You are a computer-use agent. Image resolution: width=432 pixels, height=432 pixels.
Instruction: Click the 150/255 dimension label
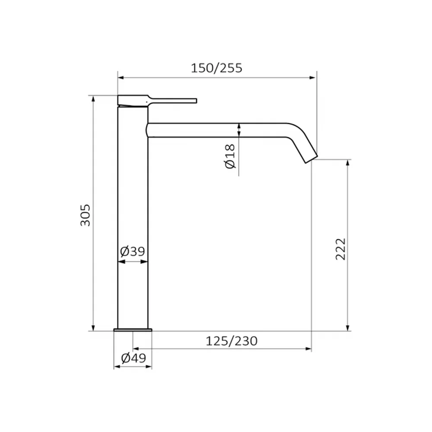216,68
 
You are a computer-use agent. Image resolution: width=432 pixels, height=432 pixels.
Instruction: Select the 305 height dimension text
86,215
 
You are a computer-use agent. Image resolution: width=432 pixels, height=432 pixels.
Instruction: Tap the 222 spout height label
341,249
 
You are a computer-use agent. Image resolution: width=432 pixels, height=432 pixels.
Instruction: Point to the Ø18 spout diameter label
230,156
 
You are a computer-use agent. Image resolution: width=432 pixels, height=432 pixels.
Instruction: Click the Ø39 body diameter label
133,251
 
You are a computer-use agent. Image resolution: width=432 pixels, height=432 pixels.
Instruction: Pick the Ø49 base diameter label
133,358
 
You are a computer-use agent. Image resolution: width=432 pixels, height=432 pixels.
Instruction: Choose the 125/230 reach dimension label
232,341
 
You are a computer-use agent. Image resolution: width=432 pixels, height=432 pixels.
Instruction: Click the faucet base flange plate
133,330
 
